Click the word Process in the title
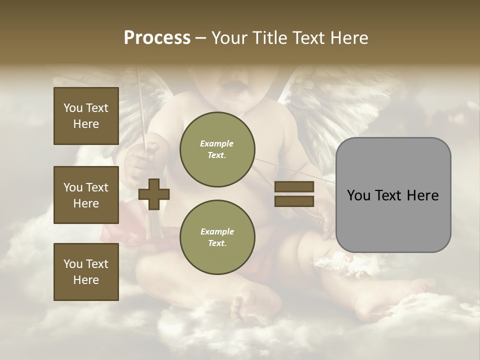tap(157, 38)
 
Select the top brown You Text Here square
tap(86, 116)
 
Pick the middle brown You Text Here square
tap(86, 195)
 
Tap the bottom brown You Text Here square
tap(86, 271)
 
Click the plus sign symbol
tap(154, 194)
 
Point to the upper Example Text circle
tap(217, 149)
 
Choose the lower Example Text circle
tap(217, 237)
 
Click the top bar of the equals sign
tap(294, 187)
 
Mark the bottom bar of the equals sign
tap(294, 201)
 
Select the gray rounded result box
tap(393, 195)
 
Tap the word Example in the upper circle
tap(216, 143)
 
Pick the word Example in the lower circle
tap(216, 231)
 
